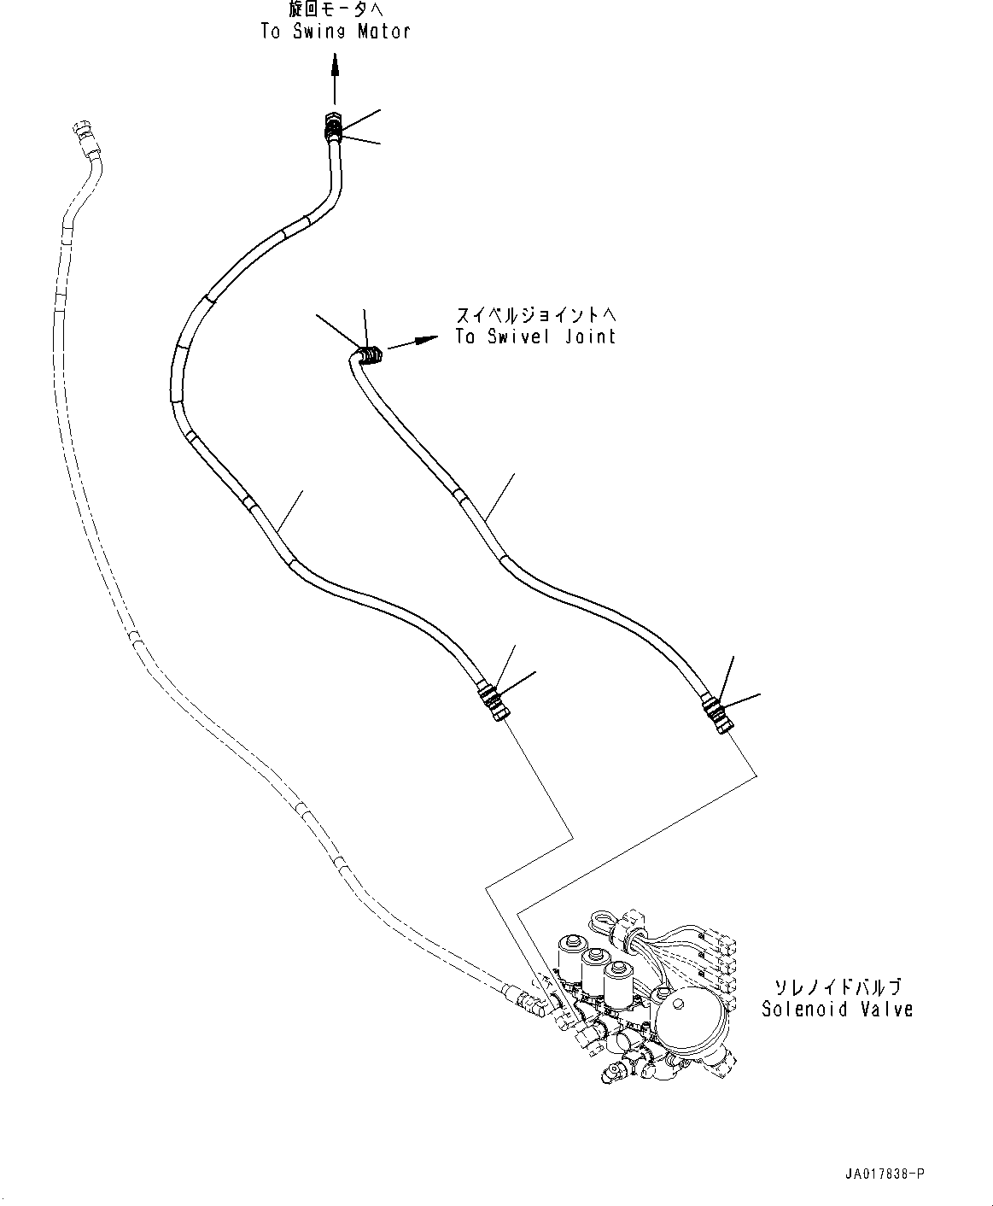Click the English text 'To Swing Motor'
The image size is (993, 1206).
click(x=335, y=32)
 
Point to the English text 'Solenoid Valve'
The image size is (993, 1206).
click(x=837, y=1010)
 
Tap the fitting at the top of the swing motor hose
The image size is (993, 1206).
click(x=333, y=127)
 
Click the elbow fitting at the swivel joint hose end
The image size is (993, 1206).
click(x=369, y=354)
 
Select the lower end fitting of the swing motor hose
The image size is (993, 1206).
click(x=493, y=699)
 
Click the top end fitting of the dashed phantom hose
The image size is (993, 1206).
click(x=83, y=135)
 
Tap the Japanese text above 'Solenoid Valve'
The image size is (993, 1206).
click(x=837, y=987)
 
